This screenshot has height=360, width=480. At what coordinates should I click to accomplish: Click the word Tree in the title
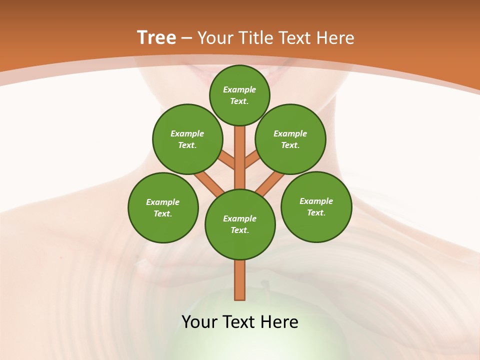pos(156,38)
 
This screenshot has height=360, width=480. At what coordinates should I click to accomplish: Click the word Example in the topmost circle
pos(239,89)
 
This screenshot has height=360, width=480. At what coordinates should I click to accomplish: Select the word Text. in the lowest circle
pos(239,230)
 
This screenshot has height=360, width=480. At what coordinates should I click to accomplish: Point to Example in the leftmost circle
pos(163,202)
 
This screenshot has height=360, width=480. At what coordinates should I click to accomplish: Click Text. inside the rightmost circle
pos(316,212)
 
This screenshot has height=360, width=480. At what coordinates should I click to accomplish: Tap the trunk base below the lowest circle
pos(240,280)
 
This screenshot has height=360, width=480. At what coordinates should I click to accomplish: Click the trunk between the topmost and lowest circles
pos(240,157)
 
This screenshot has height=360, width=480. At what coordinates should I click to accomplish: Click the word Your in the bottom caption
pos(199,322)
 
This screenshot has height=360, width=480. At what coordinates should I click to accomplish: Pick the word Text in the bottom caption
pos(239,322)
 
